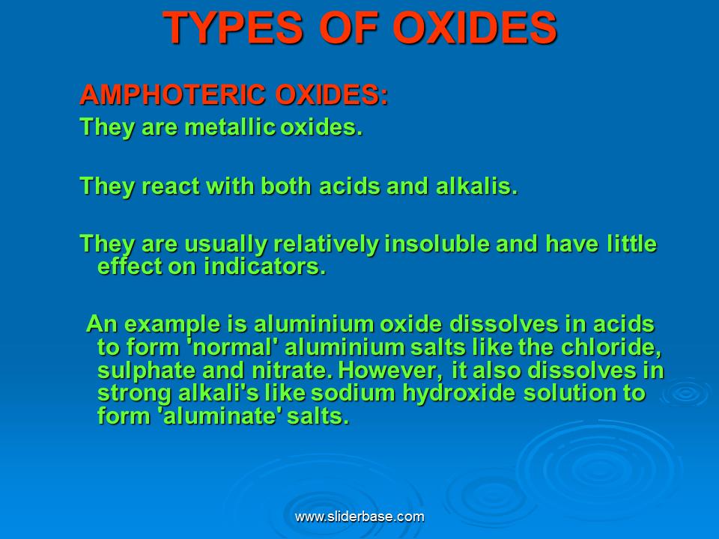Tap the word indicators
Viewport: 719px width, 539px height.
click(265, 267)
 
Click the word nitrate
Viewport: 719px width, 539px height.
click(294, 371)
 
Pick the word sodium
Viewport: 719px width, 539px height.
click(359, 393)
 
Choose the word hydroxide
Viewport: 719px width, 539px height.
click(466, 393)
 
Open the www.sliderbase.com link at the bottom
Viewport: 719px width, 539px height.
click(359, 517)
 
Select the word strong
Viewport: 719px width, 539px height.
click(135, 393)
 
